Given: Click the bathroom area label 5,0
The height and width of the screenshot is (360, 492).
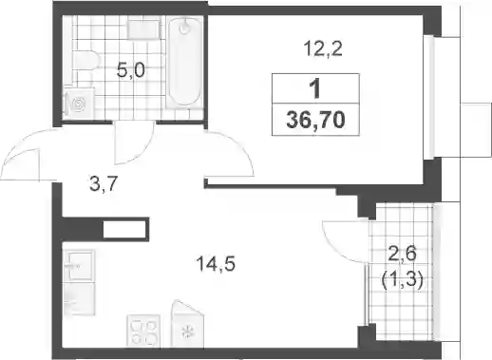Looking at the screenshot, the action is (x=130, y=70).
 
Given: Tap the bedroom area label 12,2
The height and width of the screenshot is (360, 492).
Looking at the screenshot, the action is (x=323, y=49).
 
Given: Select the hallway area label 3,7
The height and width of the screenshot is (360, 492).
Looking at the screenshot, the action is (x=104, y=183).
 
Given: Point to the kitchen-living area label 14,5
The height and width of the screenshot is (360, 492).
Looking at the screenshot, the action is (x=216, y=264).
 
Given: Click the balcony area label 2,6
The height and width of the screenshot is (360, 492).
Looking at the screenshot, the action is (x=403, y=254).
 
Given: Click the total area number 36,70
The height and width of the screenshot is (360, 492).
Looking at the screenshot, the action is (x=315, y=121).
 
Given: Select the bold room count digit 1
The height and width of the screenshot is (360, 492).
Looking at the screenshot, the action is (x=315, y=89).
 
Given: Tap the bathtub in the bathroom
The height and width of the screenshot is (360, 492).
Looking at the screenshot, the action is (x=184, y=62).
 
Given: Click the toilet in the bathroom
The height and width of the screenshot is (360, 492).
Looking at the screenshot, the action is (x=84, y=61).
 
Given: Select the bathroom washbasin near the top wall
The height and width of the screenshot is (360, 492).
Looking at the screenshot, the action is (x=143, y=29).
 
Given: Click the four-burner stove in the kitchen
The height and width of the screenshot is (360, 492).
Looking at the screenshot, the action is (x=143, y=330).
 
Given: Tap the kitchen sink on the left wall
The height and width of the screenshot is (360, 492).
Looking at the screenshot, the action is (x=79, y=265).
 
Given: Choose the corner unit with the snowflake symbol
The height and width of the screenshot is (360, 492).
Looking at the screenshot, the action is (x=187, y=324).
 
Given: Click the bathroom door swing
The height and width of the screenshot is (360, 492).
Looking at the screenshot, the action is (x=134, y=142).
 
